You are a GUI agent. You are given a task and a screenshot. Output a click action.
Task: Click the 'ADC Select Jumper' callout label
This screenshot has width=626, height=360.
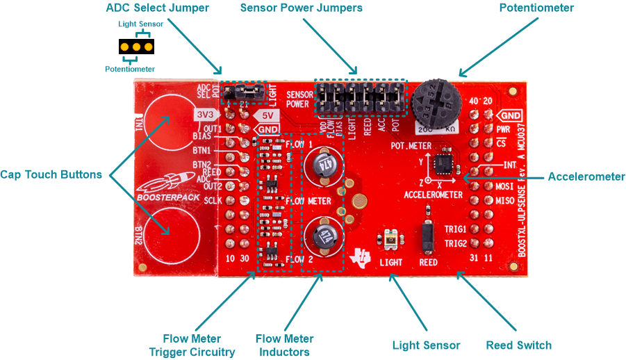pyautogui.click(x=157, y=8)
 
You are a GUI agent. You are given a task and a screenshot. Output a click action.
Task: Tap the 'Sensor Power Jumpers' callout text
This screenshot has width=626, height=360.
pyautogui.click(x=301, y=8)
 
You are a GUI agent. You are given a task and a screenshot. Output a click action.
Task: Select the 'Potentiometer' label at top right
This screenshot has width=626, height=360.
pyautogui.click(x=536, y=8)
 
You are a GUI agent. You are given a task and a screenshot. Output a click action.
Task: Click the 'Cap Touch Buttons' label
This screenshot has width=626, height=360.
pyautogui.click(x=51, y=174)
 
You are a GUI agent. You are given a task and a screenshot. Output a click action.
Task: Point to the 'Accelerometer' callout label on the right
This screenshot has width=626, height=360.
pyautogui.click(x=586, y=177)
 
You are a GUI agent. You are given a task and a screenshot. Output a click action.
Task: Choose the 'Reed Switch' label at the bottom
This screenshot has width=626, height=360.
pyautogui.click(x=518, y=345)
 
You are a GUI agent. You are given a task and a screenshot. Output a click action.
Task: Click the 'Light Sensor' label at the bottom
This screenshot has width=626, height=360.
pyautogui.click(x=426, y=345)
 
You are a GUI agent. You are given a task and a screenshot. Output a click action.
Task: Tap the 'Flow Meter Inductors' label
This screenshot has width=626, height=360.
pyautogui.click(x=285, y=345)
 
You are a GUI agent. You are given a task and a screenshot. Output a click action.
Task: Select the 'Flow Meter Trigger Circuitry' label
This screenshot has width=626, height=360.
pyautogui.click(x=192, y=345)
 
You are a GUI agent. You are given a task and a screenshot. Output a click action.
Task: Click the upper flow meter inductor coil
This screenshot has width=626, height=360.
pyautogui.click(x=323, y=165)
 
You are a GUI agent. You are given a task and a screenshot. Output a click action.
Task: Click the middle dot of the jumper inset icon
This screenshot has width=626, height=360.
pyautogui.click(x=136, y=47)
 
